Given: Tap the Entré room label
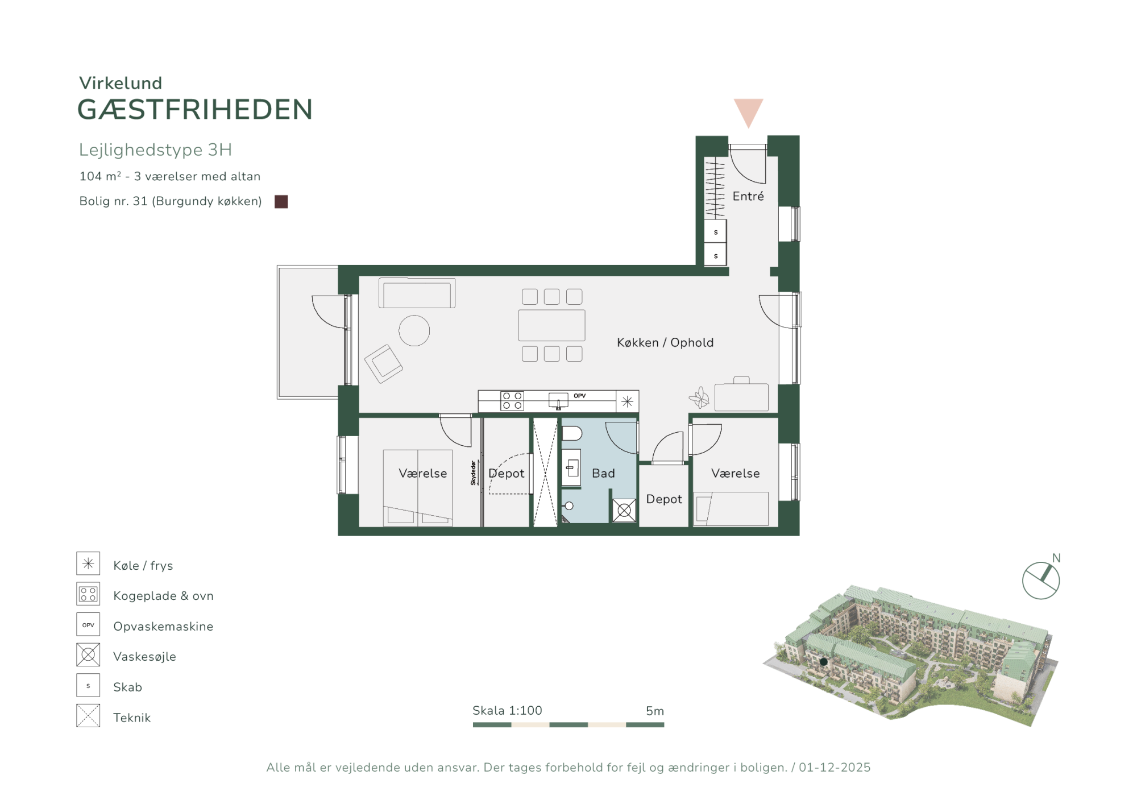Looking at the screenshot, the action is coord(748,196).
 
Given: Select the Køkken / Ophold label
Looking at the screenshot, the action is coord(665,342).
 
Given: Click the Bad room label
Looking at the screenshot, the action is coord(603,473).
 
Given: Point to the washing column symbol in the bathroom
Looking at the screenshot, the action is coord(624,510).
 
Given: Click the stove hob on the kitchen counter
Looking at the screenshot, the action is coord(512,400).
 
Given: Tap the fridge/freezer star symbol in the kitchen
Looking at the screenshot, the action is coord(627,401).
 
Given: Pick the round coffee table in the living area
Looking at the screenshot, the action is coord(414,330).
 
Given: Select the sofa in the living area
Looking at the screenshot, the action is coord(417,293).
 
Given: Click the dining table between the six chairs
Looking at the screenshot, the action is coord(551,325).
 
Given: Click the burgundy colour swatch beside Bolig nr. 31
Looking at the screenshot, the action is coord(281,201).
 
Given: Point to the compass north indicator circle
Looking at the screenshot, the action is coord(1041,581).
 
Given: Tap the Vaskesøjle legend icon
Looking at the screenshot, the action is coord(88,654).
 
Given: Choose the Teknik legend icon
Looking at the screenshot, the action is coord(88,715).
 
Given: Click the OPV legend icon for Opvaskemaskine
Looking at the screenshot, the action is coord(88,624).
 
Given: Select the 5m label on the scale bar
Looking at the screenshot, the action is coord(655,711).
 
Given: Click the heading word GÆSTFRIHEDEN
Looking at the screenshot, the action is coord(195,110).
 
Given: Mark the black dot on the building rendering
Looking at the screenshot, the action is coord(823,662).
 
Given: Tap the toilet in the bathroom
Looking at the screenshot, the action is coord(572,434).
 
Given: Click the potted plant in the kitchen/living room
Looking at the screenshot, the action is coord(699,397).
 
